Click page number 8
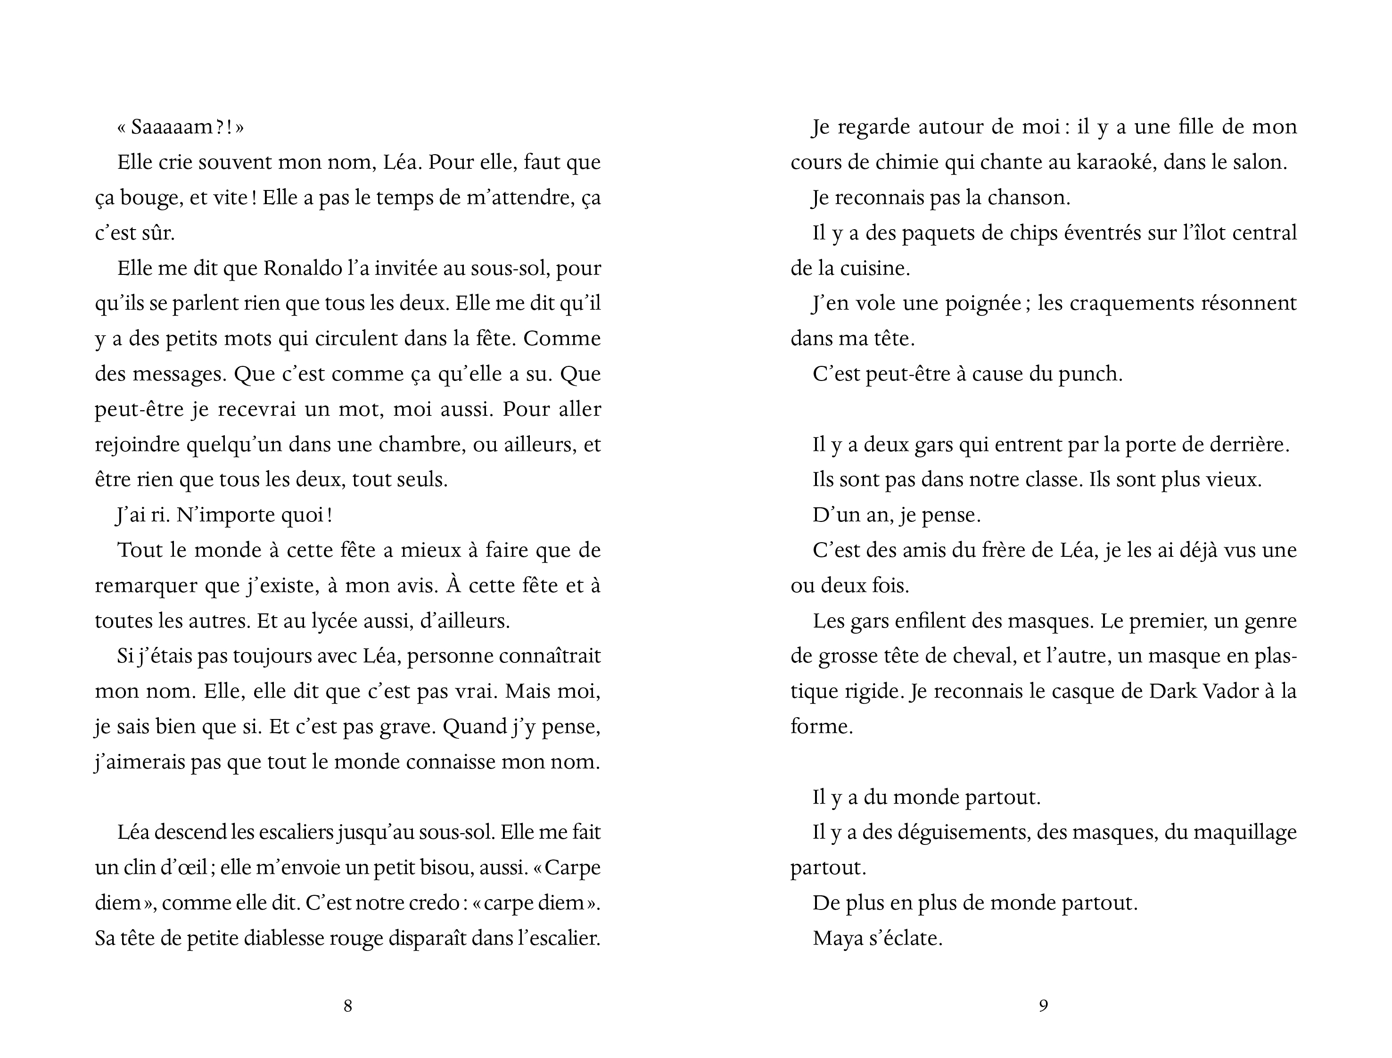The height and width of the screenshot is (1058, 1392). tap(347, 1006)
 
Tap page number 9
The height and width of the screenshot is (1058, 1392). tap(1043, 1006)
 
